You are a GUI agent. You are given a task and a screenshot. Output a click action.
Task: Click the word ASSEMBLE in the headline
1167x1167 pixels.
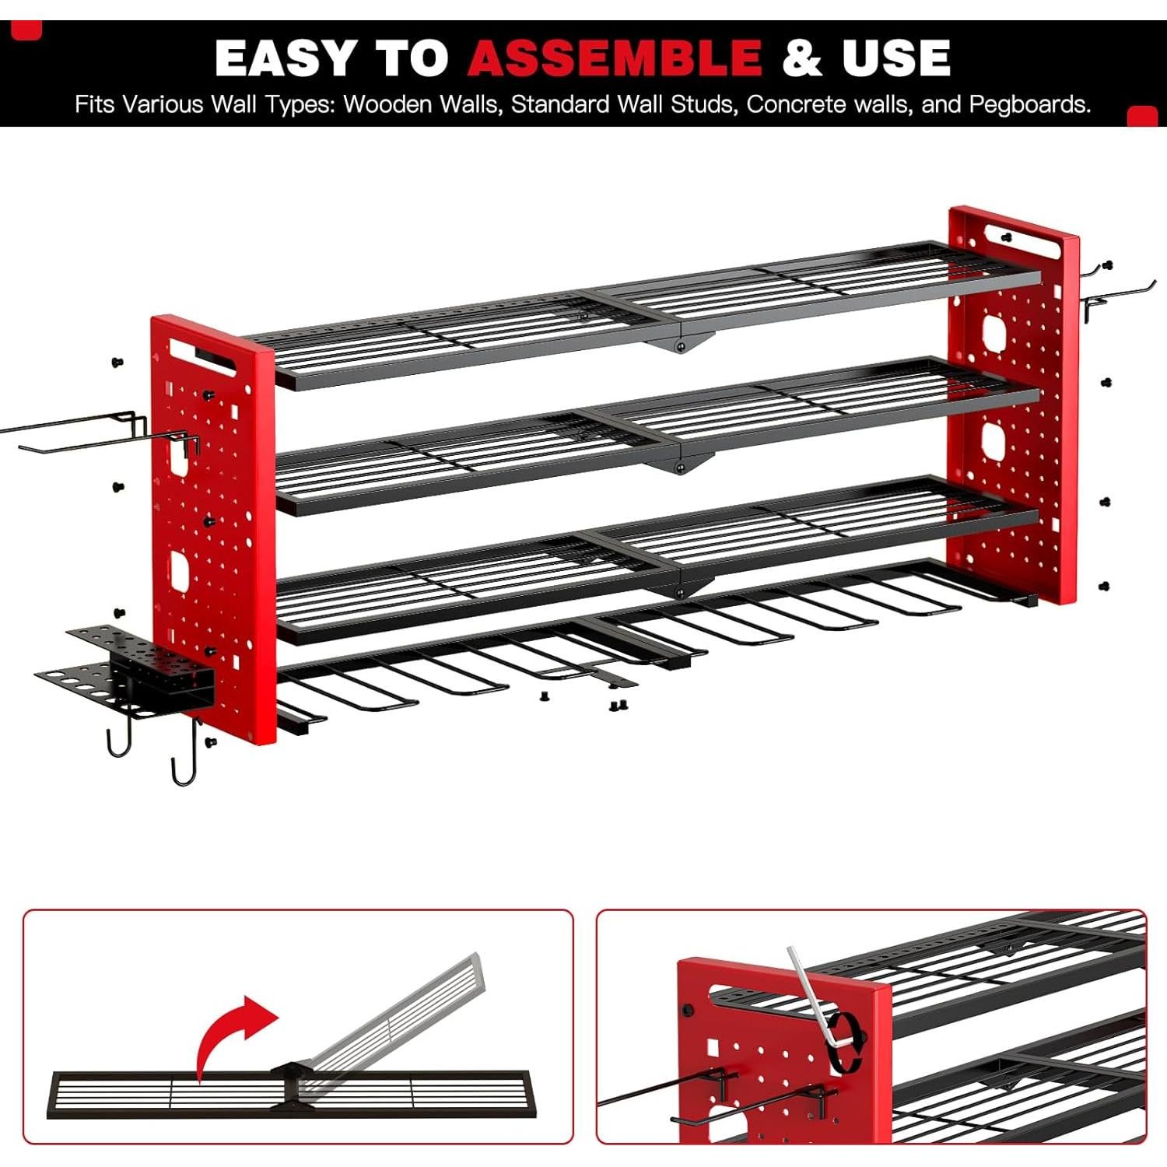click(x=615, y=58)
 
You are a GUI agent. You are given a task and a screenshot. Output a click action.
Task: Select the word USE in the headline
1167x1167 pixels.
click(x=895, y=58)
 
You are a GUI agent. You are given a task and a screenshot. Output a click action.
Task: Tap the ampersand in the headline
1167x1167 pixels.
click(x=802, y=58)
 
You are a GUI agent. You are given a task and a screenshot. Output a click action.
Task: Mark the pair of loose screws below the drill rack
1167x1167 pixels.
click(x=619, y=706)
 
